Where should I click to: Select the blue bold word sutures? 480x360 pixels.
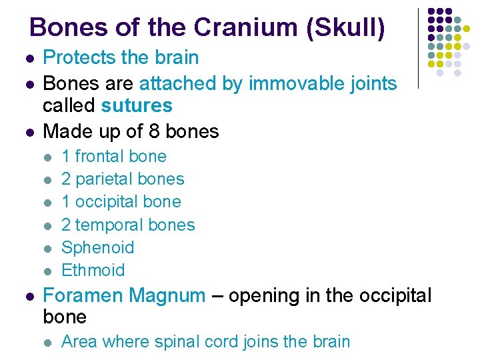pos(137,105)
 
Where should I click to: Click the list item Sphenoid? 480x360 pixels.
pos(97,247)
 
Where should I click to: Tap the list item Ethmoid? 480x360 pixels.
pos(93,270)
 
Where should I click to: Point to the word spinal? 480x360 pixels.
pos(177,342)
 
